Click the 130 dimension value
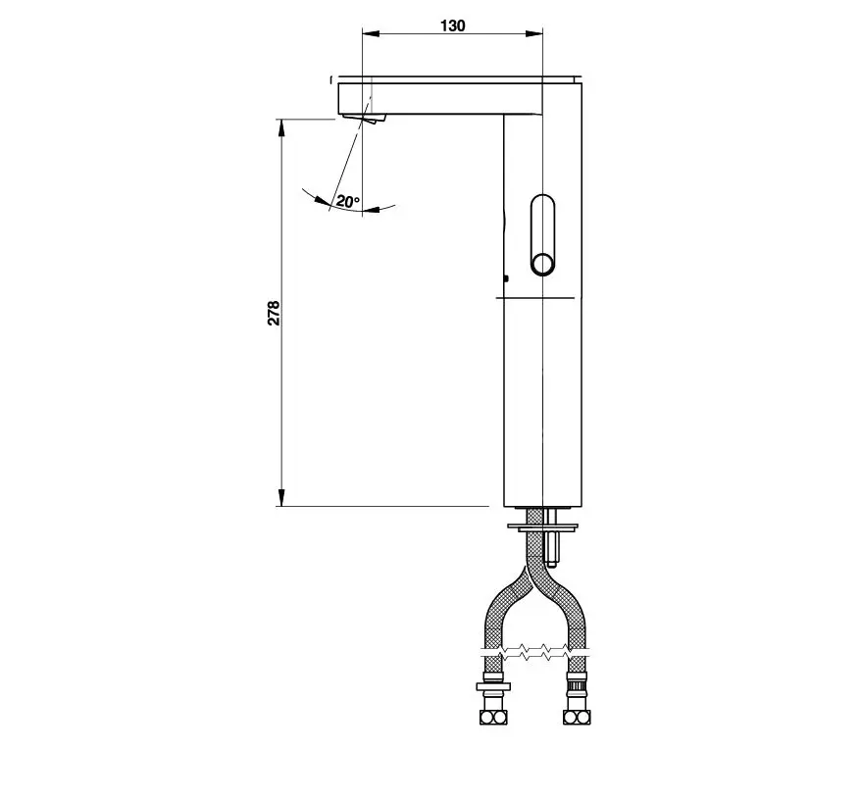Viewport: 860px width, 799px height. [x=452, y=25]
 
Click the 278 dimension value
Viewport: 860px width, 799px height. [x=274, y=313]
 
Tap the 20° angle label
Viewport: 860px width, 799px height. [x=348, y=201]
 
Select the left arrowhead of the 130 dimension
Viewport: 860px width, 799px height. [x=371, y=34]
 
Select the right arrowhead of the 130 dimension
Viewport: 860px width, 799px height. [x=533, y=34]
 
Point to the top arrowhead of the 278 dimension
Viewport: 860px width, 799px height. [x=281, y=127]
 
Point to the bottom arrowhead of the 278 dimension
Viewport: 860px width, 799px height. [x=281, y=497]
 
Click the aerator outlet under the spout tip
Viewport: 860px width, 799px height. [x=363, y=118]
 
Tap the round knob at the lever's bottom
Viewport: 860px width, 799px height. [x=543, y=265]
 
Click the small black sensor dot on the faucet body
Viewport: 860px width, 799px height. [x=506, y=278]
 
